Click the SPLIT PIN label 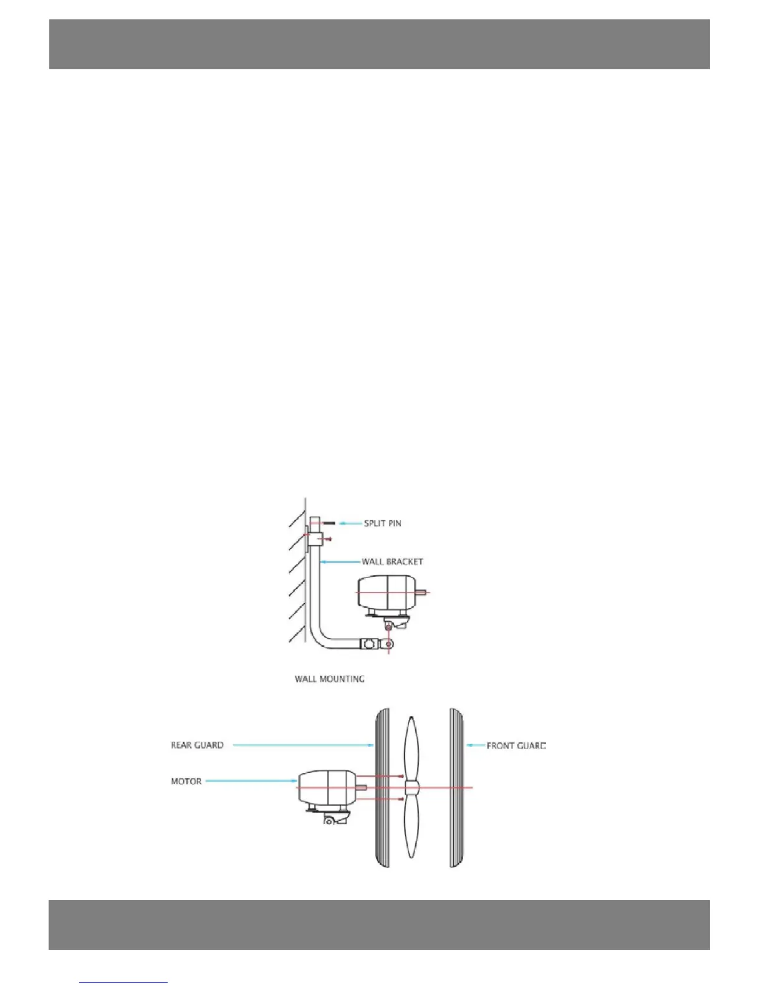pos(382,523)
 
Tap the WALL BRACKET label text pos(392,561)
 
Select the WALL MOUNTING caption pos(329,679)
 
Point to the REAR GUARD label pos(197,745)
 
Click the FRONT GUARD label pos(516,745)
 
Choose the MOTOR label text pos(186,781)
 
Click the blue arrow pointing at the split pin pos(350,523)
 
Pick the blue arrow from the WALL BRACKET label pos(340,561)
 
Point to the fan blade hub pos(411,788)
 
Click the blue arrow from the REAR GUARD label pos(303,745)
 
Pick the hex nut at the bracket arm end pos(369,643)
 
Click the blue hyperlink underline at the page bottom pos(123,982)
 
